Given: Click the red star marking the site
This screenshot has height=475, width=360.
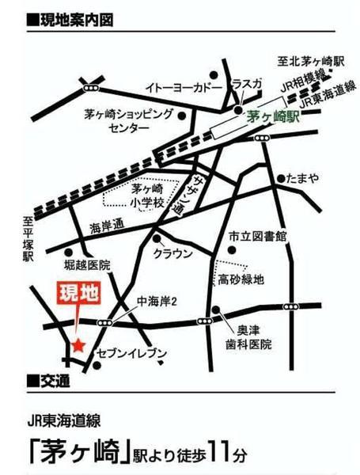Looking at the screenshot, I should coord(78,344).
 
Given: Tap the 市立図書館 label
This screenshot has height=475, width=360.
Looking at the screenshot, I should coord(258,237).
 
